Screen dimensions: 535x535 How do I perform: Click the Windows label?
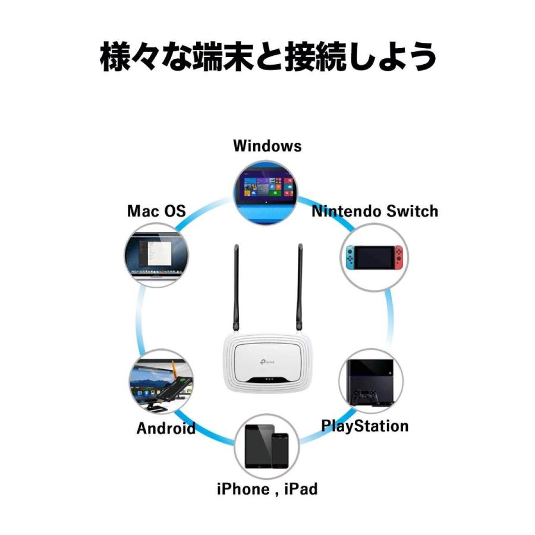267,146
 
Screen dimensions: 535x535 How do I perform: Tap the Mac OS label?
156,211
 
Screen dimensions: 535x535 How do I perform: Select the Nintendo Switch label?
374,211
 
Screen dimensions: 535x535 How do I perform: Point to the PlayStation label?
364,426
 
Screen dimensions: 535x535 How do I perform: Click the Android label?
166,428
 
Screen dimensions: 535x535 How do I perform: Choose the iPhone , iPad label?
267,489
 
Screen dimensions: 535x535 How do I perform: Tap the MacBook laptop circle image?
156,256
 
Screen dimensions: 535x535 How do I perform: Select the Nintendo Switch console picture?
374,258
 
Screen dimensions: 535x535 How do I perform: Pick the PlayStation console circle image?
370,381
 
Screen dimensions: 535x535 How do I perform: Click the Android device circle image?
159,383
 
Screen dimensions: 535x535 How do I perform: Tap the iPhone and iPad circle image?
267,447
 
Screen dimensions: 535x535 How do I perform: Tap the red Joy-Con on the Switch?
397,258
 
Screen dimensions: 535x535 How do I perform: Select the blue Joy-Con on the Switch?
351,258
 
